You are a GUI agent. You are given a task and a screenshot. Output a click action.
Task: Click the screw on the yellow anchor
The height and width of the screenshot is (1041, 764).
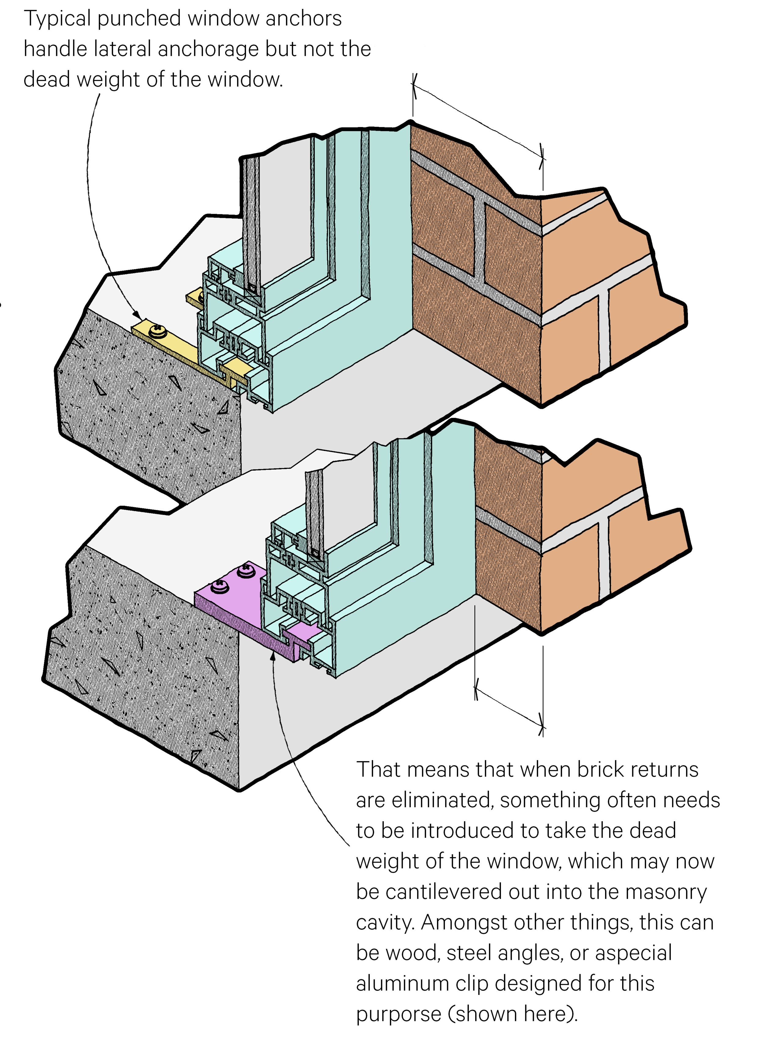[x=158, y=330]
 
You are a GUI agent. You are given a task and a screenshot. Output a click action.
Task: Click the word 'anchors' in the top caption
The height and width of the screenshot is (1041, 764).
[x=303, y=19]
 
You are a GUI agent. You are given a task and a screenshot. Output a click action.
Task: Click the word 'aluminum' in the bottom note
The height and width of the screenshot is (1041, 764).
[x=402, y=983]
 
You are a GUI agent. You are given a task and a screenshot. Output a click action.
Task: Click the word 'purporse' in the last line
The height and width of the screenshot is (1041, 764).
[x=398, y=1014]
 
